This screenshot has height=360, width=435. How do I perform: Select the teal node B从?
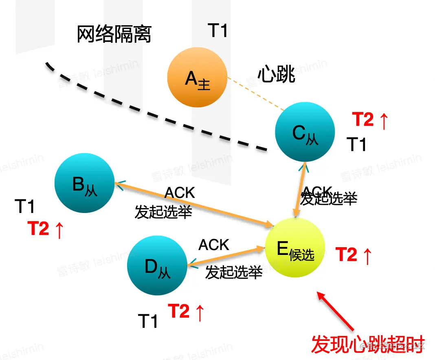(85, 183)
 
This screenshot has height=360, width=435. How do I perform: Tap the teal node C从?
(305, 132)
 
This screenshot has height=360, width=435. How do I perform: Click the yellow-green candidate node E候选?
(295, 248)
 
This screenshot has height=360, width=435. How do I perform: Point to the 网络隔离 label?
(114, 35)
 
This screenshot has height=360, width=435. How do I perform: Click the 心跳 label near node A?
(277, 75)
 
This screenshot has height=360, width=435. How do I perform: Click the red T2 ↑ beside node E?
(354, 255)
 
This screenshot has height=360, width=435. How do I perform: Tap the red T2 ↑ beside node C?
(370, 120)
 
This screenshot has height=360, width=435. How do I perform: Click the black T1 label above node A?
(218, 31)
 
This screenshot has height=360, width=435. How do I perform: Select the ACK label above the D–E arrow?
(214, 245)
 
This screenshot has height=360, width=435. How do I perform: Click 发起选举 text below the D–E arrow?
(233, 272)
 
